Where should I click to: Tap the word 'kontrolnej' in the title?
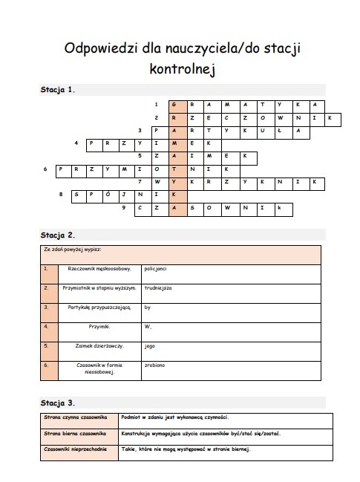(x=180, y=69)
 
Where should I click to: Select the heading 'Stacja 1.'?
(x=58, y=90)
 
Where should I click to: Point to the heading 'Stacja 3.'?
(x=58, y=403)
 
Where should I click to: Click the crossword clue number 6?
(x=46, y=169)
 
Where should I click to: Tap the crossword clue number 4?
(x=77, y=143)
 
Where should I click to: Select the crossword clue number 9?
(x=124, y=209)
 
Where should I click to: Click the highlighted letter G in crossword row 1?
(x=173, y=104)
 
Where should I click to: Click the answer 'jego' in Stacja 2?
(x=149, y=346)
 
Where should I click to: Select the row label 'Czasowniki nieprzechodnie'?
(x=75, y=449)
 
